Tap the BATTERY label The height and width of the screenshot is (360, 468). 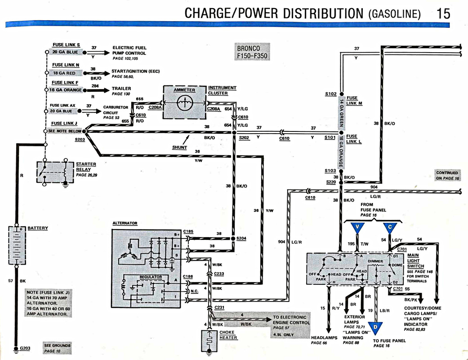38,228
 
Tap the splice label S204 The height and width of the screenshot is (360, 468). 241,238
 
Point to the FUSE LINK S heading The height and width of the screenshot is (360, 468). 66,45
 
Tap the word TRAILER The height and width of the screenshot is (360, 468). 121,88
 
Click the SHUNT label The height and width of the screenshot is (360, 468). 179,147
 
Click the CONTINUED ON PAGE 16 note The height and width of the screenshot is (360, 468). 447,175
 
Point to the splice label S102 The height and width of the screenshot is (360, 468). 330,94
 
